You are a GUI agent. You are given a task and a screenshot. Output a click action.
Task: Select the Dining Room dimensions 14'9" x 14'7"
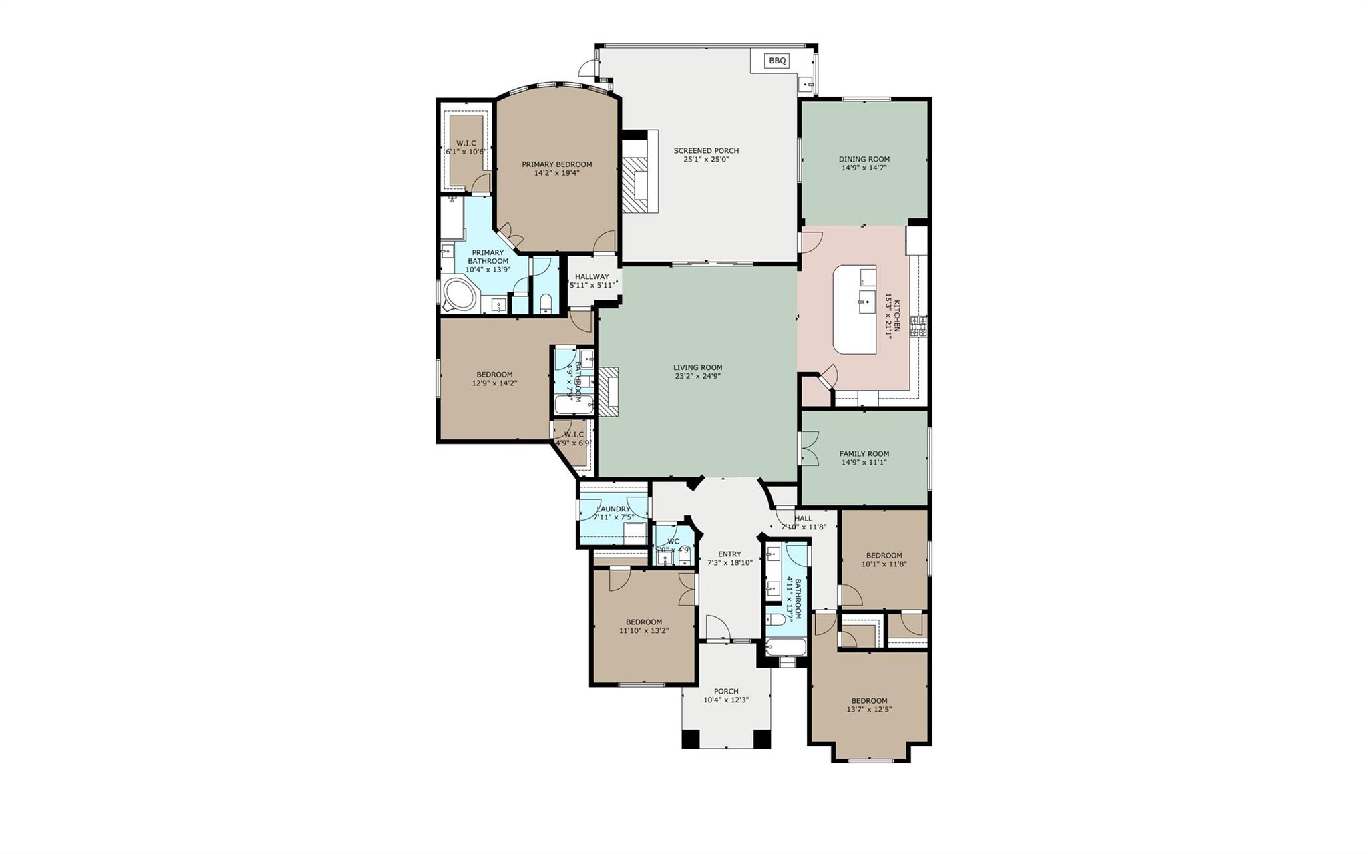coord(864,168)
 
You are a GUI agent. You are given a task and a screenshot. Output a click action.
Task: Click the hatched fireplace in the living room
coord(609,392)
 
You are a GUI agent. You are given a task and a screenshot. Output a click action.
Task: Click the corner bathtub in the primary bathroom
coord(458,296)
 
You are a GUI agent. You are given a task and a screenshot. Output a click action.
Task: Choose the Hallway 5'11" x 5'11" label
coord(592,281)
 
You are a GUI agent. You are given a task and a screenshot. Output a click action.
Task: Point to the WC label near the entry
coord(673,542)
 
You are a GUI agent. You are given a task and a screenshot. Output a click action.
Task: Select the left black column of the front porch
coord(690,739)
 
